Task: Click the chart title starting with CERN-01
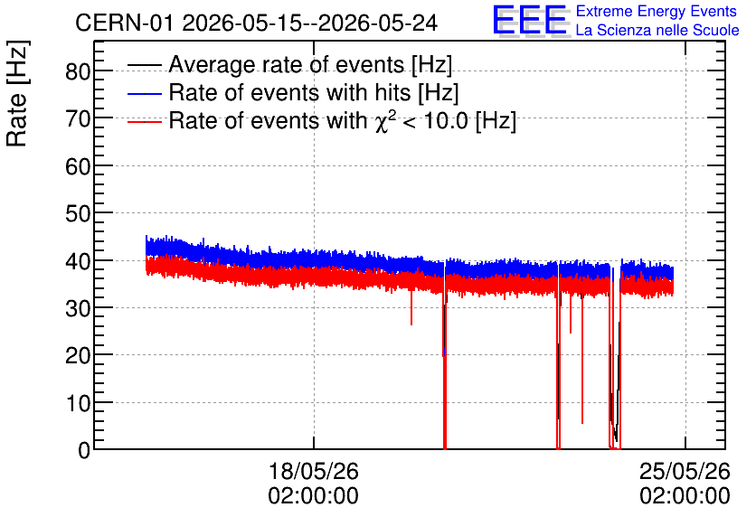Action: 257,23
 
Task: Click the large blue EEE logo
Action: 529,20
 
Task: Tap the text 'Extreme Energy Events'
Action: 657,11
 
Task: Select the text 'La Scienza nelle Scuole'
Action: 657,31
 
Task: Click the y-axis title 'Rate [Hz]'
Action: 17,93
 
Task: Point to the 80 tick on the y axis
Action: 78,71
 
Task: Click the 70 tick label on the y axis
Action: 78,118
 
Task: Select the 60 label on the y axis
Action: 78,166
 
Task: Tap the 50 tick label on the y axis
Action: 78,213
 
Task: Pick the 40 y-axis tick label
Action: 78,260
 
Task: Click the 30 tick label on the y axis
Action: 78,308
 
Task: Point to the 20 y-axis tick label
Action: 78,355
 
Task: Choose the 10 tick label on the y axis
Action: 78,403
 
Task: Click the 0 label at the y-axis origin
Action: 84,450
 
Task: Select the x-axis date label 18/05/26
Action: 314,471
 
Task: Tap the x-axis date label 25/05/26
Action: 685,471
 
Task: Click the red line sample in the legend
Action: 145,122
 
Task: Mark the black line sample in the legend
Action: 145,65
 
